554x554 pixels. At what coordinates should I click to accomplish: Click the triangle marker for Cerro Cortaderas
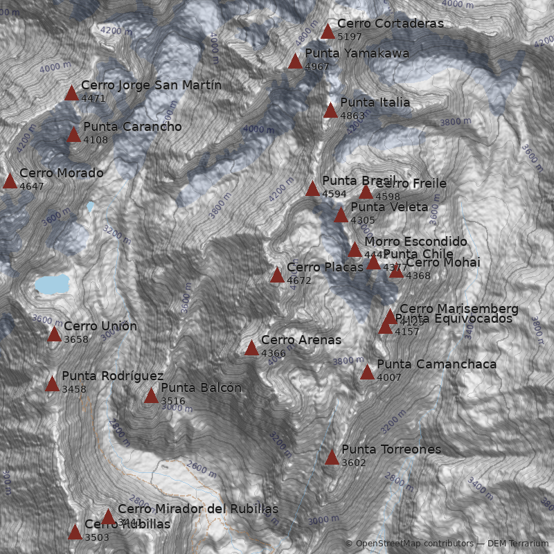click(328, 31)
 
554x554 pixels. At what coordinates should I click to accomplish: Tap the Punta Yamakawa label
click(357, 53)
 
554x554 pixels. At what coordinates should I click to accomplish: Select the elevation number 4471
click(93, 98)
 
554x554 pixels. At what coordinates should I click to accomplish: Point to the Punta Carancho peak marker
click(73, 134)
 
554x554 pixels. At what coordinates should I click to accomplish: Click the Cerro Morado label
click(62, 173)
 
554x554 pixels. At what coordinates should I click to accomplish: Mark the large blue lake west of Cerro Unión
click(53, 284)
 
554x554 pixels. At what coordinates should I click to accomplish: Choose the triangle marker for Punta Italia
click(330, 110)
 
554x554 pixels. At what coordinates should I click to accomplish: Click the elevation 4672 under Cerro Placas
click(299, 280)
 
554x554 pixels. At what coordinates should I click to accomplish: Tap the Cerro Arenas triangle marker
click(251, 348)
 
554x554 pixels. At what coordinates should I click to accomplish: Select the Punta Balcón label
click(201, 388)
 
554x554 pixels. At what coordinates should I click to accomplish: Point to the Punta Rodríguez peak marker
click(52, 384)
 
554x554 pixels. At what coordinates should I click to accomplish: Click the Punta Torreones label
click(391, 449)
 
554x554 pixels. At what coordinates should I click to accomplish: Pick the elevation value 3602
click(354, 463)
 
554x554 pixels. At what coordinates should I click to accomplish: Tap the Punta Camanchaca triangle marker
click(367, 372)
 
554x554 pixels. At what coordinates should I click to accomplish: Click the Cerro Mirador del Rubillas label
click(197, 509)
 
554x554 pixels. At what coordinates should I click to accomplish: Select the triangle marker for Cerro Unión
click(54, 334)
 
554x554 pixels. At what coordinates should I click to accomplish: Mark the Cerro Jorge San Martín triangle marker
click(71, 93)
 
